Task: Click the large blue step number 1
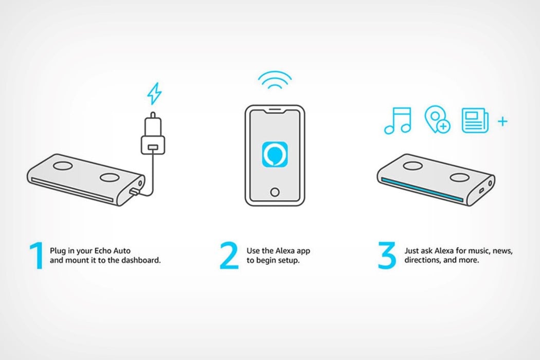[37, 255]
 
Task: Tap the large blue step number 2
[229, 255]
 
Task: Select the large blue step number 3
[387, 255]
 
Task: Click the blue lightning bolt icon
[154, 94]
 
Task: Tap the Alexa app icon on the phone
[275, 154]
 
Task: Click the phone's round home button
[275, 192]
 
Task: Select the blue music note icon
[398, 120]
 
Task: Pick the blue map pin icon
[437, 120]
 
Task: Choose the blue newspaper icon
[475, 120]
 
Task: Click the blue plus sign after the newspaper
[503, 121]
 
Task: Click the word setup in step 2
[289, 260]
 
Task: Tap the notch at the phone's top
[275, 112]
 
